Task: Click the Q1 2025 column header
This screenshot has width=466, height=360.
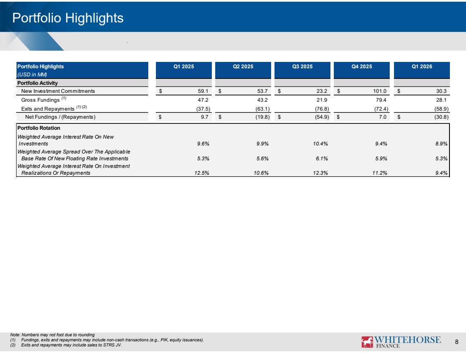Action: (184, 67)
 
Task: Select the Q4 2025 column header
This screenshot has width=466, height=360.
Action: (362, 67)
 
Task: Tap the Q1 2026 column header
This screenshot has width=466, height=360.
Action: (422, 67)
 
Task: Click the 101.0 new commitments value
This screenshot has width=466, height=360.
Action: (380, 91)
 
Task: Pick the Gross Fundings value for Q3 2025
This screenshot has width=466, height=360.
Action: (322, 100)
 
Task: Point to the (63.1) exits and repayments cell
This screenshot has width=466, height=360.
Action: (263, 109)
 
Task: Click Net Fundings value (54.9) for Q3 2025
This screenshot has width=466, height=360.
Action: (322, 117)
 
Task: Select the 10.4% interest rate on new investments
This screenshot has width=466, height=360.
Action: (320, 144)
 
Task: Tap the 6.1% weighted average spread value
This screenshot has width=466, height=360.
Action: (322, 159)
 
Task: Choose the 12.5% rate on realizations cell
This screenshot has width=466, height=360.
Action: (202, 173)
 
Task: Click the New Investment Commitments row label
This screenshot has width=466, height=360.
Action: (58, 91)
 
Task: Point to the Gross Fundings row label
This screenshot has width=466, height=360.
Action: (44, 99)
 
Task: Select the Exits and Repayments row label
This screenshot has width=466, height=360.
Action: (54, 108)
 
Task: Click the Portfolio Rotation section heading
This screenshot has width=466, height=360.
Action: (39, 128)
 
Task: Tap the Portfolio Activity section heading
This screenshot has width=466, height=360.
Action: (37, 83)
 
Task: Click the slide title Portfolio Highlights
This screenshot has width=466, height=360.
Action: (68, 18)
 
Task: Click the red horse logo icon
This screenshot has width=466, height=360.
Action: (367, 342)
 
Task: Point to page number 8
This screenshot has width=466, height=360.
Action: (457, 342)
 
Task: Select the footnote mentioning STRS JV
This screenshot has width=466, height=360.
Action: (66, 345)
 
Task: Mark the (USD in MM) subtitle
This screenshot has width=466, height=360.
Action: (32, 74)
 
